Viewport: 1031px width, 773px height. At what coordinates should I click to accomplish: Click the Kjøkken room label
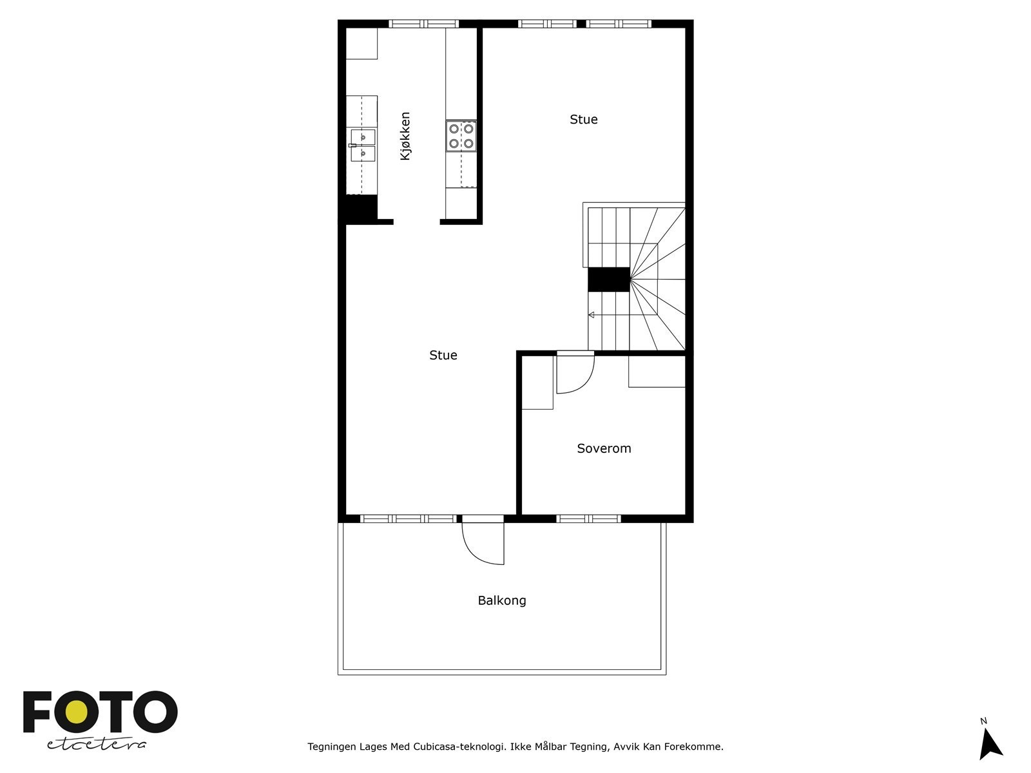coord(405,137)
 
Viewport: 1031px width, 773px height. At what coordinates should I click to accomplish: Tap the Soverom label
coord(604,448)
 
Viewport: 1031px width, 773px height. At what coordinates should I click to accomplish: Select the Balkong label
coord(502,600)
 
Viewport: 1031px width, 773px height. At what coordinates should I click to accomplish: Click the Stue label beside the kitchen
coord(584,119)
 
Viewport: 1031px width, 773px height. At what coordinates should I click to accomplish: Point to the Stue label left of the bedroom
coord(443,355)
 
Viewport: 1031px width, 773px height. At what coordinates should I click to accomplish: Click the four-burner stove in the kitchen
coord(461,136)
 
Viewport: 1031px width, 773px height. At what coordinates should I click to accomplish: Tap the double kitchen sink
coord(363,146)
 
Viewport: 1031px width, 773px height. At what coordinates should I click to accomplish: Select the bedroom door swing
coord(573,374)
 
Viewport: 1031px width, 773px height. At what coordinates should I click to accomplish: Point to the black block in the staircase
coord(608,280)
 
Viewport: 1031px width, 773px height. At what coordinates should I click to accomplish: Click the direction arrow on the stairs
coord(592,315)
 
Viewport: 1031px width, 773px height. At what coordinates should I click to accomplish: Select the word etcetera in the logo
coord(97,745)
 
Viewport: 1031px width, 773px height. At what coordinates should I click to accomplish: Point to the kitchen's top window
coord(423,24)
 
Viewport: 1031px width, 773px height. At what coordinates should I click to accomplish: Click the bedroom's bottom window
coord(588,519)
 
